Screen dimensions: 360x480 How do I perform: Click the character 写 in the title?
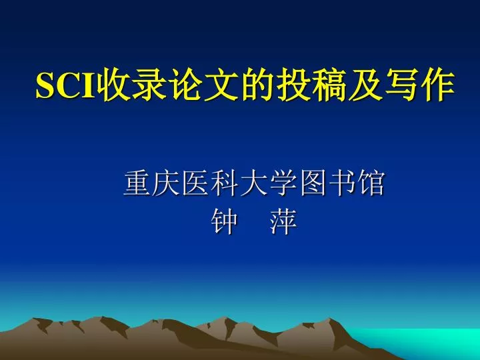401,87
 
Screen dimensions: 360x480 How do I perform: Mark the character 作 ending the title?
437,87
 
